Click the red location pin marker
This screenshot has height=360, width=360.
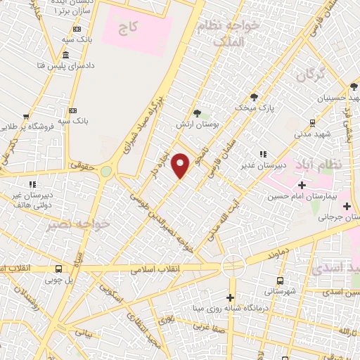click(x=181, y=166)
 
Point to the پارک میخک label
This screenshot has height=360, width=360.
click(x=254, y=108)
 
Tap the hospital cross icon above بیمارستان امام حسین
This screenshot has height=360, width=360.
click(x=302, y=185)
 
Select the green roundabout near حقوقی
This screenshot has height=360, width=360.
click(x=105, y=171)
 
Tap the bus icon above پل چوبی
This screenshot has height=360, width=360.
click(x=59, y=269)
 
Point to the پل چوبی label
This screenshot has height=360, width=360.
click(x=59, y=279)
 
